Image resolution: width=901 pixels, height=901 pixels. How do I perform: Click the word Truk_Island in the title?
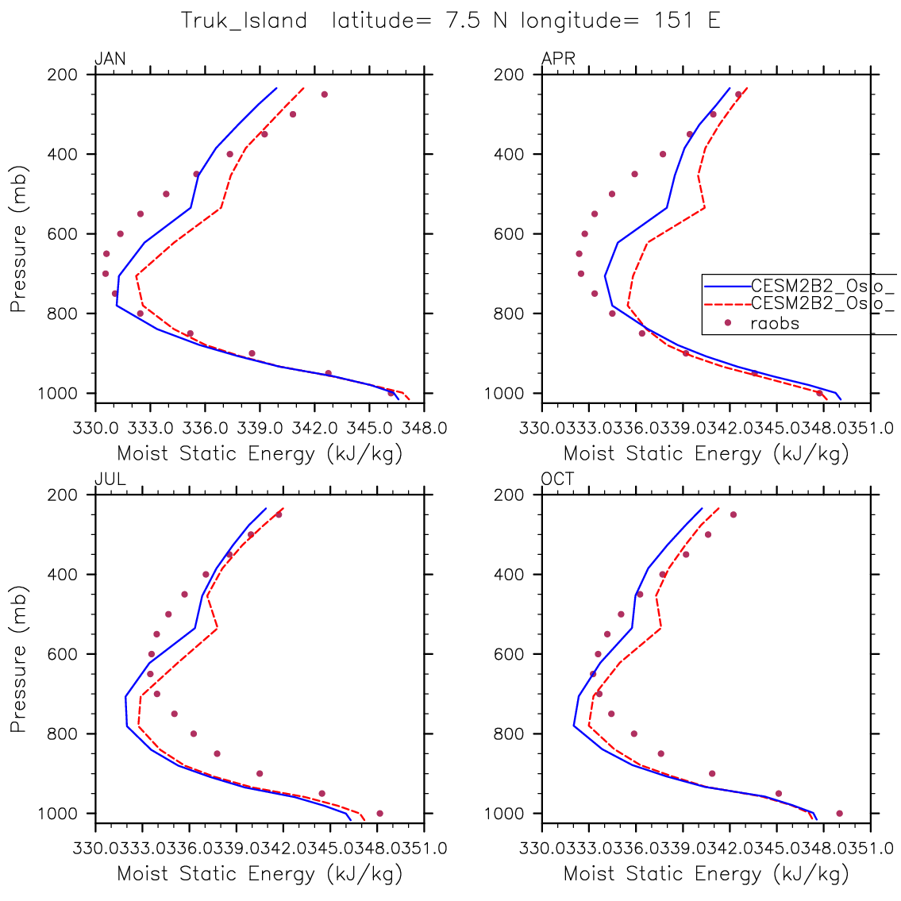[244, 21]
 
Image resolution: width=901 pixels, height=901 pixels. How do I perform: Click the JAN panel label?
[110, 60]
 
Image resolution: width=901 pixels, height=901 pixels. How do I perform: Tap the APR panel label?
[558, 60]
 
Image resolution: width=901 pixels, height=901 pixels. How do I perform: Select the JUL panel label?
[110, 479]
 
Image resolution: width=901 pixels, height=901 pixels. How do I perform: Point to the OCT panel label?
[558, 479]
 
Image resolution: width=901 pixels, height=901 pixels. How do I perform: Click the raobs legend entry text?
[775, 323]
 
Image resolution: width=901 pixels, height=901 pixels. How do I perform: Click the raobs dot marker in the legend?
[727, 322]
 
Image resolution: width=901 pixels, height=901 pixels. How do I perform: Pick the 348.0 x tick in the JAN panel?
[424, 429]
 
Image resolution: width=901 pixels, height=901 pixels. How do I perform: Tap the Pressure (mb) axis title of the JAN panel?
[19, 238]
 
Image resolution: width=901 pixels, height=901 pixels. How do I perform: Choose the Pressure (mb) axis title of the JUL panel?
[19, 659]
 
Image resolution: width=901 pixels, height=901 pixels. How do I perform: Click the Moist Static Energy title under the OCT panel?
[707, 874]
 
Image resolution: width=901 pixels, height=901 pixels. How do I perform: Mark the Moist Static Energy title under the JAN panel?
[260, 454]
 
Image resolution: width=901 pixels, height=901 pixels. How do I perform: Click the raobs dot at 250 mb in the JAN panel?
[325, 94]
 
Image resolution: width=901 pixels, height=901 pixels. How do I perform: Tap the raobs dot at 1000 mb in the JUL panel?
[379, 813]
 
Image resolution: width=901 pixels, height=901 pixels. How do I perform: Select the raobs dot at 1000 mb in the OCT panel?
[839, 813]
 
